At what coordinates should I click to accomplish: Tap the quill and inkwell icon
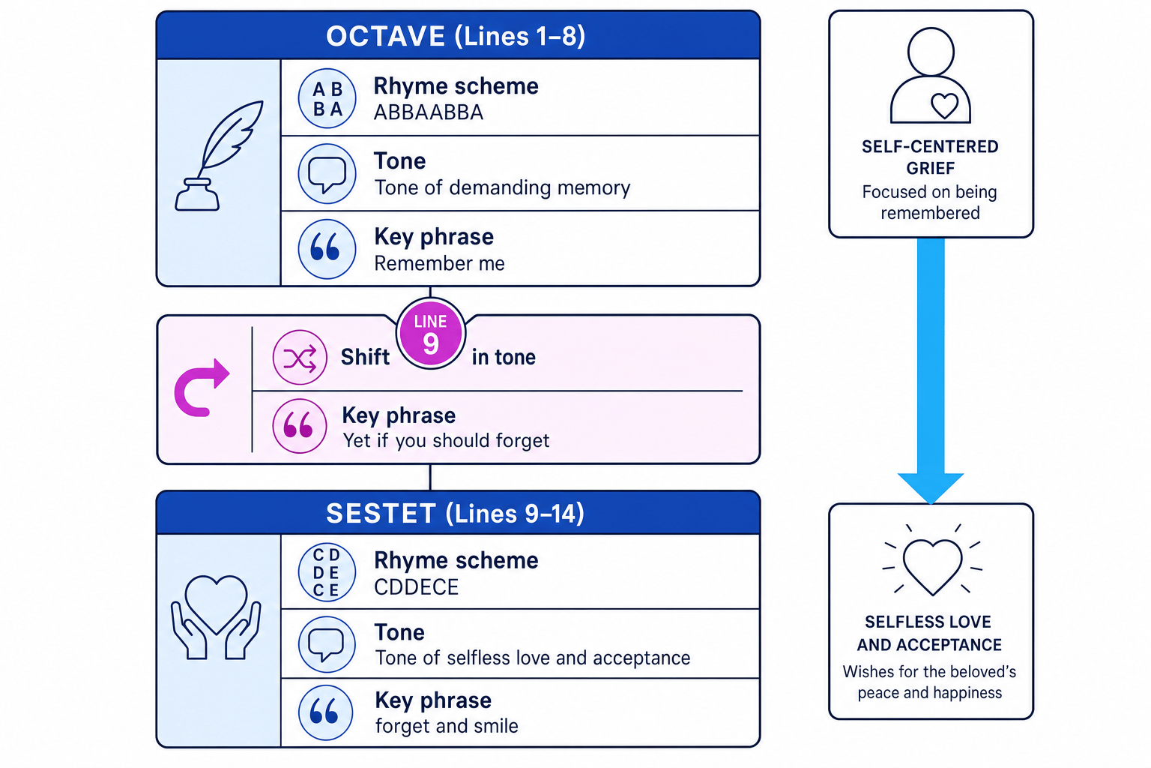[218, 155]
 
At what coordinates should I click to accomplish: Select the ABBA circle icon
[327, 98]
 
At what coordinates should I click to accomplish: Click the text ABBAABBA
[428, 112]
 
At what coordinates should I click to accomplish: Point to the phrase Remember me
[439, 263]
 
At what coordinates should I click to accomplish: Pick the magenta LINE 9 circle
[431, 333]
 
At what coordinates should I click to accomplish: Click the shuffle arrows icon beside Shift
[300, 358]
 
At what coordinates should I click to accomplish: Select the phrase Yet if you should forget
[446, 441]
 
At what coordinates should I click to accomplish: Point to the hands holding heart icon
[217, 617]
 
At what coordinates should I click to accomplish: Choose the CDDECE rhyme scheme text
[416, 587]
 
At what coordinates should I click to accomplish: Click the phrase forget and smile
[447, 726]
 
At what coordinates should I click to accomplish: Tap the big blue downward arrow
[931, 370]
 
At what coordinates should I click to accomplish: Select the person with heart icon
[931, 76]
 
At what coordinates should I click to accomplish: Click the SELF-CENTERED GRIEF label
[930, 157]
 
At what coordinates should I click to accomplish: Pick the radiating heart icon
[932, 560]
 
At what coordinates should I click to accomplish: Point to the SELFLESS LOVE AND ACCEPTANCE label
[929, 633]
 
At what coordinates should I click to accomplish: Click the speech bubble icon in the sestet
[326, 644]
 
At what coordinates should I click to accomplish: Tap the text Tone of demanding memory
[502, 187]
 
